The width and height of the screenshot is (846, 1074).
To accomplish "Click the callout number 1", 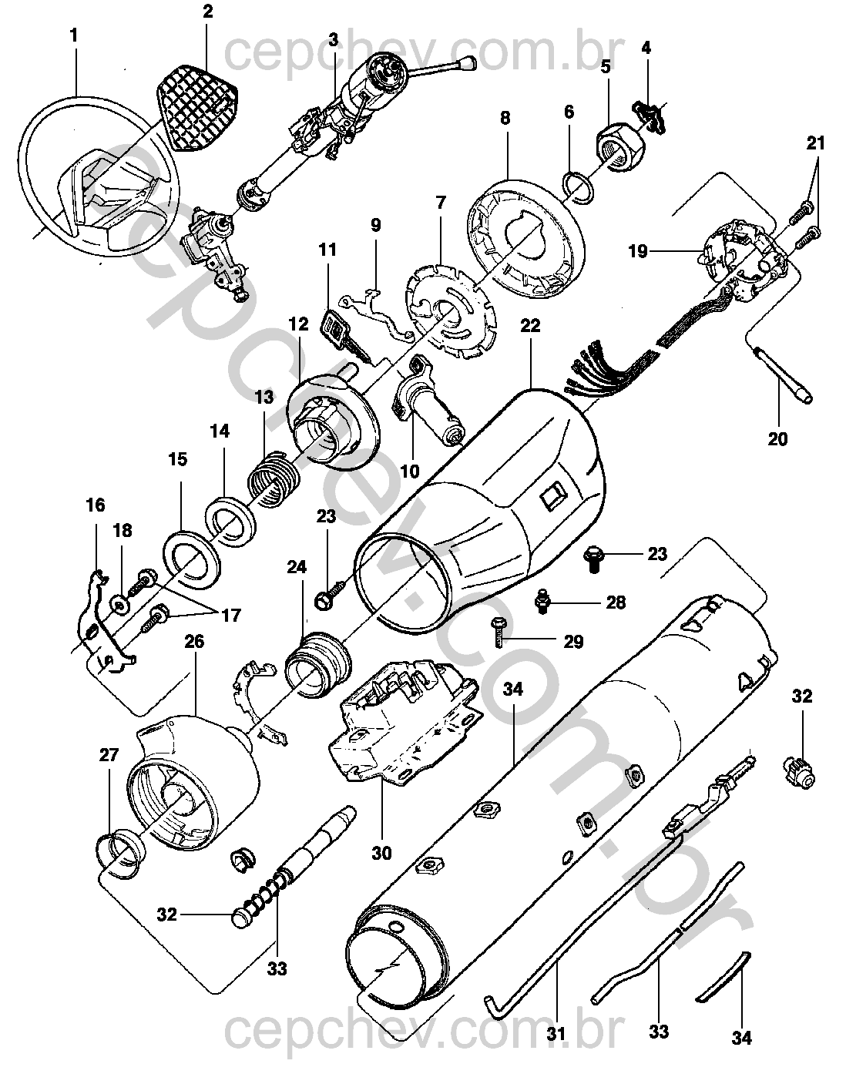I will pos(74,35).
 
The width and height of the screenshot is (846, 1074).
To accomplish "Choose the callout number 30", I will pos(381,853).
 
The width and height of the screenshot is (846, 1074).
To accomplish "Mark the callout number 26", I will pos(194,641).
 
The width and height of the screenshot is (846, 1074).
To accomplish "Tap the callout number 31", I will pos(556,1032).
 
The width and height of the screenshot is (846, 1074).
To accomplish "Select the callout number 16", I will pos(95,505).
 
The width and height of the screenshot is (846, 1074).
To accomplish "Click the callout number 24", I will pos(297,567).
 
